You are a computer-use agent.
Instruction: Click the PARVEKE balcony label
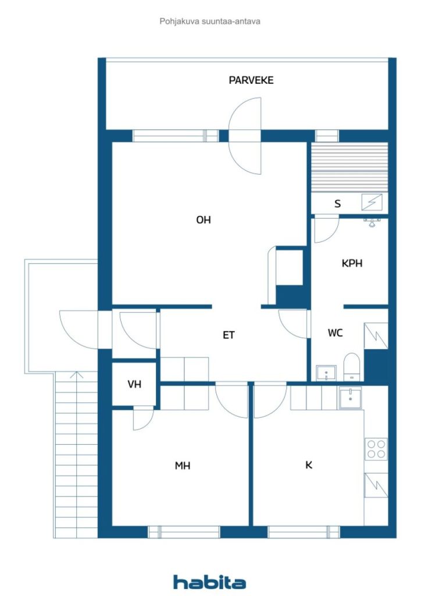[251, 80]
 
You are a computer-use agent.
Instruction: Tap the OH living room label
[204, 219]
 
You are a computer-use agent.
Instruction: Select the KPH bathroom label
[352, 263]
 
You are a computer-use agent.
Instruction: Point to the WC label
[335, 333]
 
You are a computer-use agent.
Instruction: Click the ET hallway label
[229, 335]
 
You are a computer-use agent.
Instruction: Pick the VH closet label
[134, 384]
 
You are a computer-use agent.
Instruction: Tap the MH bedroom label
[183, 466]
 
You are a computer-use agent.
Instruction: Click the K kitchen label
[309, 465]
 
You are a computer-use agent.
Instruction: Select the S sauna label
[337, 204]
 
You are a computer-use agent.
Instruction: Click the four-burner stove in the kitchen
[376, 449]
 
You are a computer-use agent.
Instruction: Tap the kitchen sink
[350, 398]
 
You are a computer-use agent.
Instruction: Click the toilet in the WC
[352, 367]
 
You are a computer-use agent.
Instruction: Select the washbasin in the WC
[326, 373]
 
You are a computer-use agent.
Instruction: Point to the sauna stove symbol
[372, 202]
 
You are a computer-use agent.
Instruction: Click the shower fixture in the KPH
[372, 222]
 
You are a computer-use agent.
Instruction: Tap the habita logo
[209, 582]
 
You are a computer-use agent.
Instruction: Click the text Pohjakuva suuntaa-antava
[210, 22]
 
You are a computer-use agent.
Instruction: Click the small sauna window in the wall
[327, 136]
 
